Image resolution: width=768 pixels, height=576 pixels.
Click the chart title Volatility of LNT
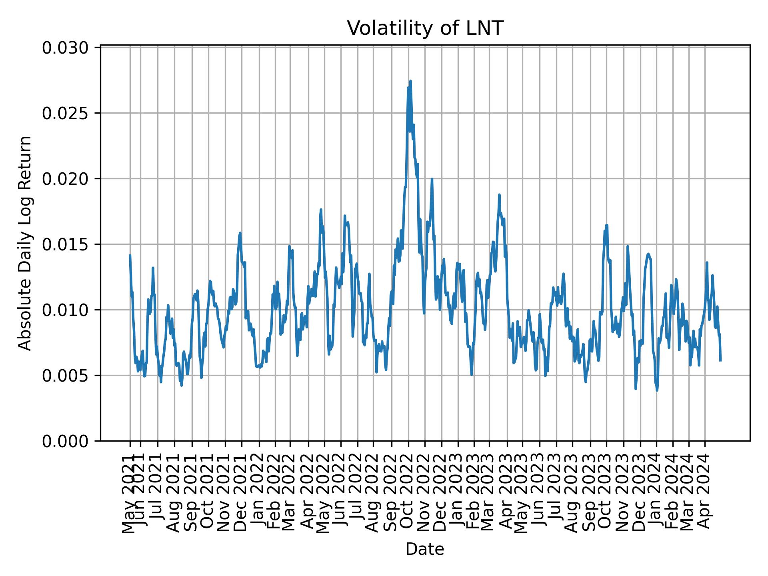click(424, 28)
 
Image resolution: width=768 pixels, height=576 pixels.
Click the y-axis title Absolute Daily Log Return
click(25, 243)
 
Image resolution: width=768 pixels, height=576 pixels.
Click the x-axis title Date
click(424, 549)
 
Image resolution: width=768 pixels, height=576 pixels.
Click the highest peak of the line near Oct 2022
click(410, 81)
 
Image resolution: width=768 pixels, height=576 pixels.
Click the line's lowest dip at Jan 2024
click(657, 390)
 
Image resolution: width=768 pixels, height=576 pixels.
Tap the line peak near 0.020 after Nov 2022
click(432, 179)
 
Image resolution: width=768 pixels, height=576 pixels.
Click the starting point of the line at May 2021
click(130, 255)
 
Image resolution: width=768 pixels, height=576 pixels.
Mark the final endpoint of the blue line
click(720, 360)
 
